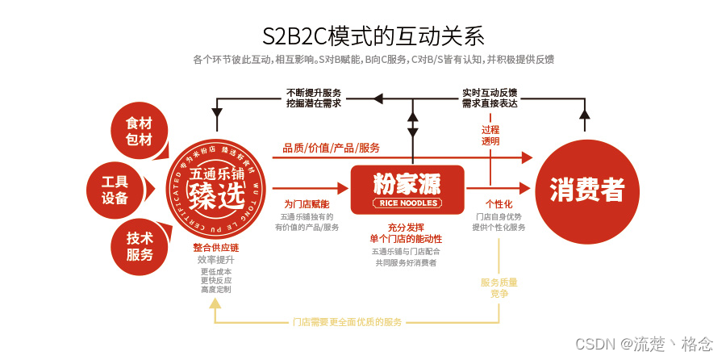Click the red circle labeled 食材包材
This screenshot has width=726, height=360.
pos(139,132)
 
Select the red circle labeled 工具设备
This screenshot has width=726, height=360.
pos(115,189)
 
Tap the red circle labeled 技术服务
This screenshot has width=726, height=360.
pos(139,246)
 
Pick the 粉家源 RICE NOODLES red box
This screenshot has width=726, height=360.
pos(407,189)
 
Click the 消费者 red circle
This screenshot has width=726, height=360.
pos(586,189)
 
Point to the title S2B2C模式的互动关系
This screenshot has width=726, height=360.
pos(373,36)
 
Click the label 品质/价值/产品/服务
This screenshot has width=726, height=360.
pos(331,148)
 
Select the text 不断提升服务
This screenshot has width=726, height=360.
pos(313,92)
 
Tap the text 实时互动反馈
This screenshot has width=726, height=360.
pos(490,92)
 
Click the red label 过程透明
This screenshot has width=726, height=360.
pos(490,135)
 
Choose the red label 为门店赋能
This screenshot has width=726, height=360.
pos(307,204)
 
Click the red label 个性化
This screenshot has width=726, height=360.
pos(499,204)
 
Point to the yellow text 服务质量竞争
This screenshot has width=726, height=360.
pos(499,288)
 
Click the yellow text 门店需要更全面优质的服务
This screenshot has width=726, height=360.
pos(347,322)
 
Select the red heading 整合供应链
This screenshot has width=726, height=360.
pos(215,247)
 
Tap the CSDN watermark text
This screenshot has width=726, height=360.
pos(644,344)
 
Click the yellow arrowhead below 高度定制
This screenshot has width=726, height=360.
pos(215,303)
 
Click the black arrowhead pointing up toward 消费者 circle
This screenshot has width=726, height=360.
pos(585,115)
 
